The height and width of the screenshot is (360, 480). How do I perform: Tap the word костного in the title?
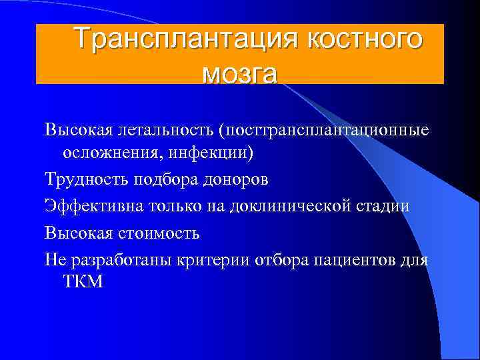(x=365, y=39)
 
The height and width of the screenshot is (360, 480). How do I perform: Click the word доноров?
(x=235, y=180)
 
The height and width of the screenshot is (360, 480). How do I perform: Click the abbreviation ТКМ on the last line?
(x=83, y=282)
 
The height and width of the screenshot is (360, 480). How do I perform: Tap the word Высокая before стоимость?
(x=77, y=233)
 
